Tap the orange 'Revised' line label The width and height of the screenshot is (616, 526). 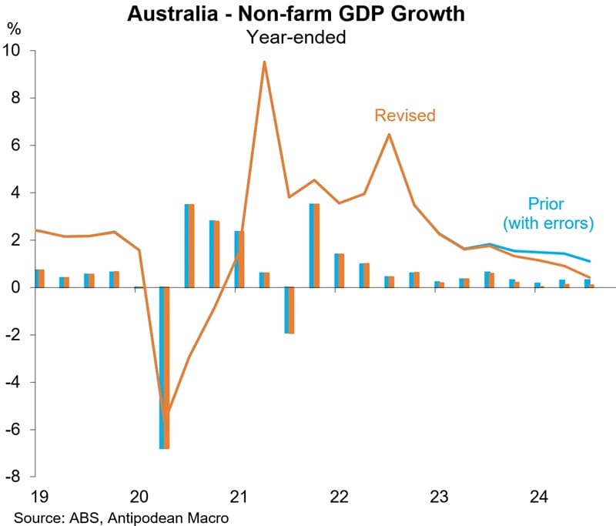[x=405, y=116]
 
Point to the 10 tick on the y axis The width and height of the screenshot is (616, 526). [x=17, y=51]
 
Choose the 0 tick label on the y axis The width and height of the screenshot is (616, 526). [x=21, y=287]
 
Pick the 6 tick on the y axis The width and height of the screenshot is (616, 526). [x=21, y=146]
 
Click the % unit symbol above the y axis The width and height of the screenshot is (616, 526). [x=14, y=30]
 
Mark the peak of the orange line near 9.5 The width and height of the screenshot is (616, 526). [x=264, y=62]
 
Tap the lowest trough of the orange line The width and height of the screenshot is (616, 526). [x=165, y=414]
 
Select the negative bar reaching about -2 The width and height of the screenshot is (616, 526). [x=289, y=310]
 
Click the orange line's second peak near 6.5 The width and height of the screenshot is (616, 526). [x=389, y=135]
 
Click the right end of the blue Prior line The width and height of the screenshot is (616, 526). [x=589, y=262]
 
